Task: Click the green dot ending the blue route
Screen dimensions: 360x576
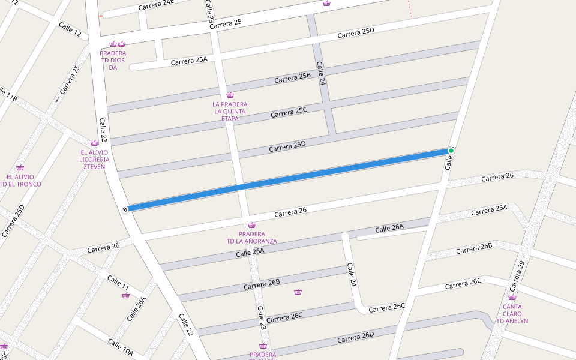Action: (451, 150)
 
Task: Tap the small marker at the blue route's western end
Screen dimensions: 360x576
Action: (125, 209)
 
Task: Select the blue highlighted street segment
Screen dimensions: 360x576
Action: (288, 179)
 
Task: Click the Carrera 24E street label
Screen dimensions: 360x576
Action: (156, 5)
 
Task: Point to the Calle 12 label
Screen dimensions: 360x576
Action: (70, 28)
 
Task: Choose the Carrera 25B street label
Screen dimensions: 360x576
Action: (293, 78)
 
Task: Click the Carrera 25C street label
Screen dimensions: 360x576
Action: (289, 112)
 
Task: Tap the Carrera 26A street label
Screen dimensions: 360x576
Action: (489, 210)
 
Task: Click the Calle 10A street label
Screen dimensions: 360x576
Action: (120, 347)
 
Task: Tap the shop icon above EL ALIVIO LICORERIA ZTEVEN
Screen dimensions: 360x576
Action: (94, 143)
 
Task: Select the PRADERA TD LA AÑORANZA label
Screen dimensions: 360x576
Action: (251, 238)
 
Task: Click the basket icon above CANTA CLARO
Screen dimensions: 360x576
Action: (512, 297)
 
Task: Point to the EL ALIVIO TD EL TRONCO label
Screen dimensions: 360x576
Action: (21, 181)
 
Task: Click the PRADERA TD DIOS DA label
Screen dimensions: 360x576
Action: (113, 60)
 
